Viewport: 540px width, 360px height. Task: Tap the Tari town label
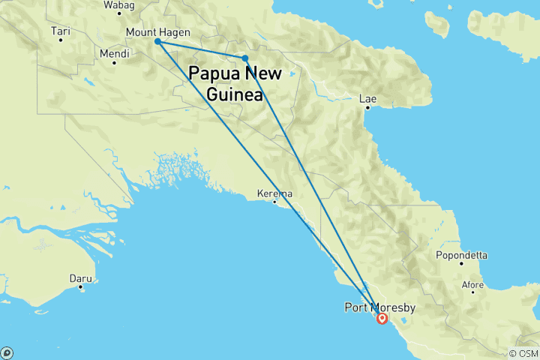coord(60,31)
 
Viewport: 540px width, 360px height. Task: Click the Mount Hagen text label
coord(157,32)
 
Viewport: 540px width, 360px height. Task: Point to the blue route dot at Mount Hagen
coord(157,42)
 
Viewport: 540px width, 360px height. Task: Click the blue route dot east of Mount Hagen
coord(245,58)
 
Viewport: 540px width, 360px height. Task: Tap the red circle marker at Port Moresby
coord(382,319)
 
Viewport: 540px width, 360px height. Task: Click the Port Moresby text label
coord(379,307)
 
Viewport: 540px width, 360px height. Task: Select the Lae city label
coord(367,98)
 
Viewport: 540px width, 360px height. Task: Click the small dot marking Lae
coord(367,108)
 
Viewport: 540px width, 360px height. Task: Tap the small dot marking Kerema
coord(275,201)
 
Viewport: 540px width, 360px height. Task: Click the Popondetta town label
coord(461,255)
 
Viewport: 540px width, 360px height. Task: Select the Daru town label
coord(80,278)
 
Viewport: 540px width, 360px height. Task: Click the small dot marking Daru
coord(80,287)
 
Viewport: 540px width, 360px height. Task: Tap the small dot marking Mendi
coord(114,62)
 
